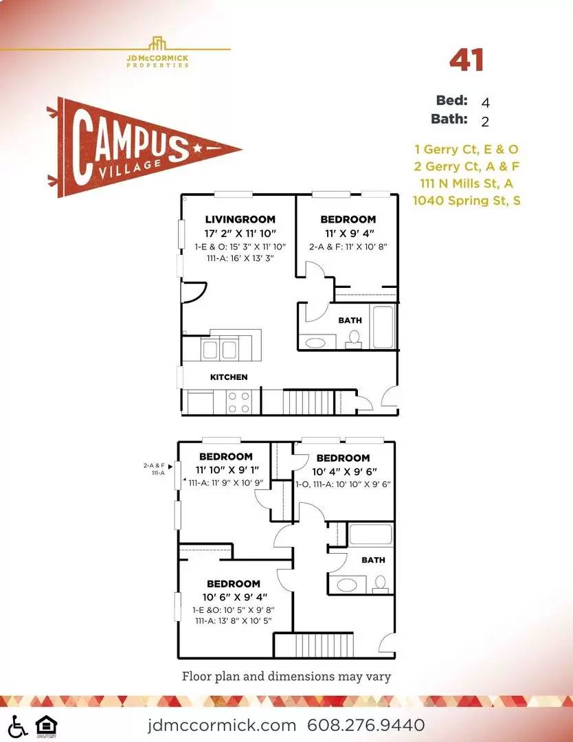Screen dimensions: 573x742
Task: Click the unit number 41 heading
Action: pos(467,60)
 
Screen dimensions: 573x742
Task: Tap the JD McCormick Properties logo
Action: pos(157,52)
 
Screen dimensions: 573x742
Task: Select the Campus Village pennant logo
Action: pos(144,147)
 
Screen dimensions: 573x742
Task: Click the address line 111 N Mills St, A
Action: pos(467,183)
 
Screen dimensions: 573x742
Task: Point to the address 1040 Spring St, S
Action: pos(467,200)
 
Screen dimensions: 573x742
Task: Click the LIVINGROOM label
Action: pos(240,219)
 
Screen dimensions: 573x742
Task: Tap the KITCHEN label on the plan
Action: pos(229,377)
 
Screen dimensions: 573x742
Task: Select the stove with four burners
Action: pos(238,402)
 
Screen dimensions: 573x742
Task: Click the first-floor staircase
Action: pos(308,402)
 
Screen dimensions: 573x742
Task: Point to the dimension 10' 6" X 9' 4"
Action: pos(235,597)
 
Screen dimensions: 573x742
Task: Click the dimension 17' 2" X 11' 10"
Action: pos(240,234)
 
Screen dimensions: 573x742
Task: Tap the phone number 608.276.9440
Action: pos(366,725)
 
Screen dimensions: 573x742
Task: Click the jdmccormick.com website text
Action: pos(222,725)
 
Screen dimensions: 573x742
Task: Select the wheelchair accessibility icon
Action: pos(17,726)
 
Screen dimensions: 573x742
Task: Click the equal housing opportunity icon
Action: pos(46,726)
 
